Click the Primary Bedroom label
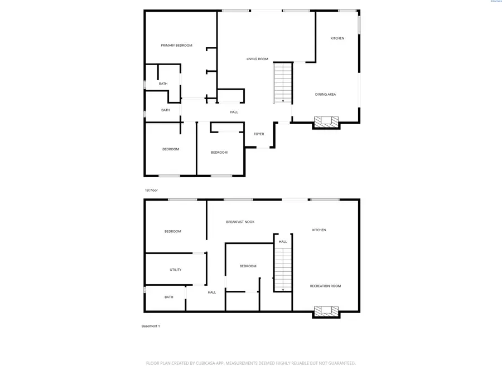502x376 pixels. [x=176, y=45]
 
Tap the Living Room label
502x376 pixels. [x=257, y=58]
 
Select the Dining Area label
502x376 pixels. [x=325, y=94]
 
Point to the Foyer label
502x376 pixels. [x=259, y=134]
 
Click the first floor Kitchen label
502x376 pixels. [x=337, y=38]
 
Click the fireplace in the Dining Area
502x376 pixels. [x=326, y=121]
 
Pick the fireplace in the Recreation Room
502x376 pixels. [x=326, y=311]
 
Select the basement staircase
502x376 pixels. [x=283, y=268]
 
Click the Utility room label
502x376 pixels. [x=175, y=270]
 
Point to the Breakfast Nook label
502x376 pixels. [x=240, y=222]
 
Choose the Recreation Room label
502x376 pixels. [x=325, y=286]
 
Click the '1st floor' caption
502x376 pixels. [x=151, y=190]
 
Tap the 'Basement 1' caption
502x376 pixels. [x=151, y=326]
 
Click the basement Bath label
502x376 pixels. [x=168, y=297]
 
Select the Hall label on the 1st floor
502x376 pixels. [x=234, y=112]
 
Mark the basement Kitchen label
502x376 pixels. [x=319, y=229]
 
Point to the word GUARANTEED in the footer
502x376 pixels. [x=340, y=363]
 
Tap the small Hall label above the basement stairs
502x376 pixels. [x=283, y=241]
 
